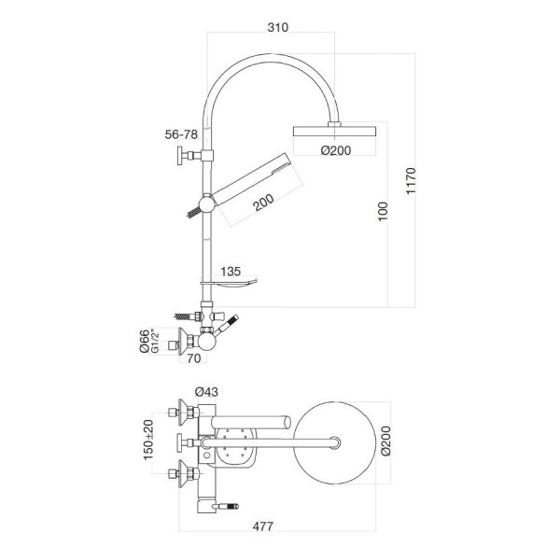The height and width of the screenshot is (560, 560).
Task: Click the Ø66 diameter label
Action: click(145, 341)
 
